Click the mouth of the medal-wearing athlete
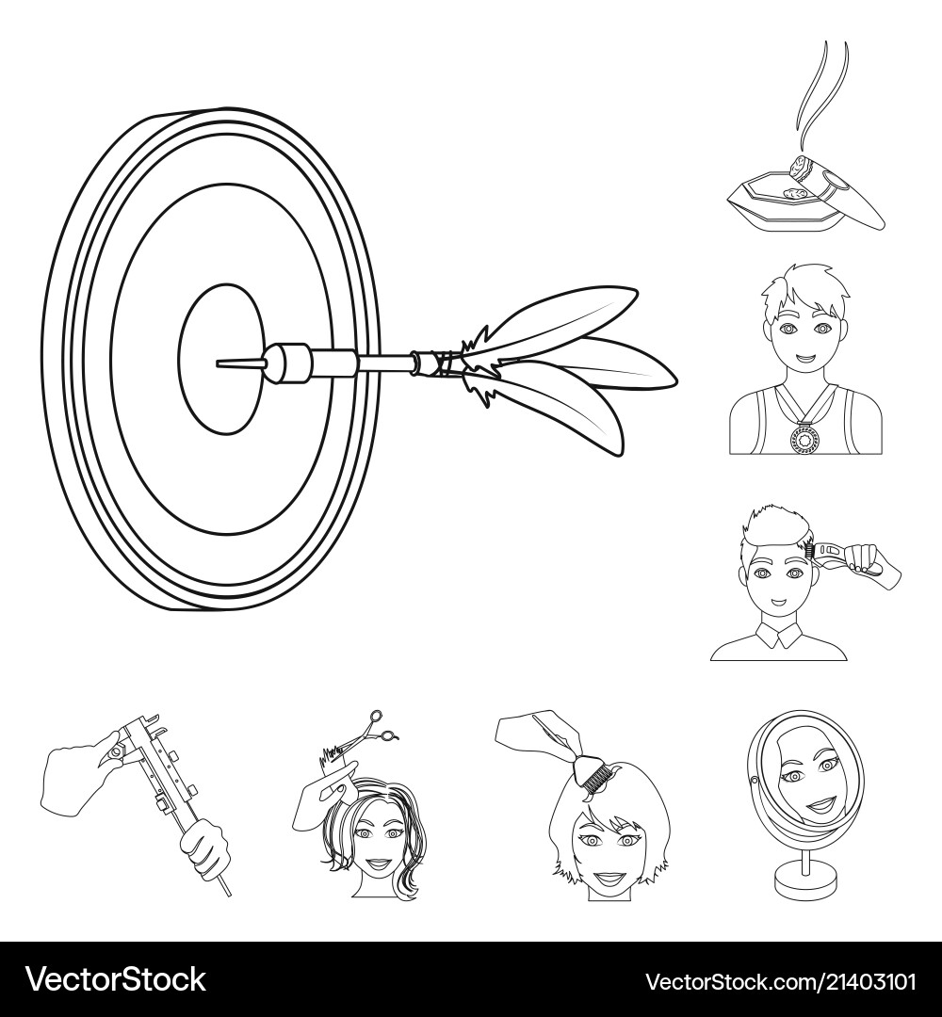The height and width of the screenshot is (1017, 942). point(804,359)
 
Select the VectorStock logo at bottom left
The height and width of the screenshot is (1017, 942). point(115,979)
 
